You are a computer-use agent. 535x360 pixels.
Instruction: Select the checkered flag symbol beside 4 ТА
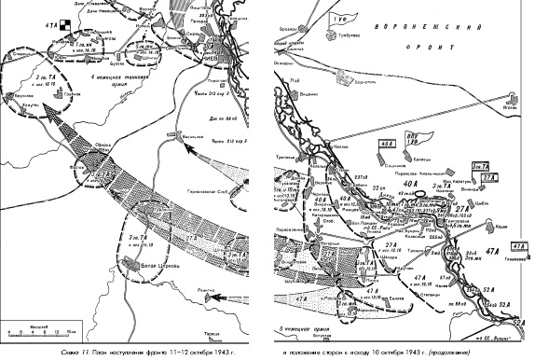coord(63,25)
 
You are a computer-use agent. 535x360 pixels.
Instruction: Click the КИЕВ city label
coord(213,53)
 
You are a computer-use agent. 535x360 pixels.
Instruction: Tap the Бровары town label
coord(287,33)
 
